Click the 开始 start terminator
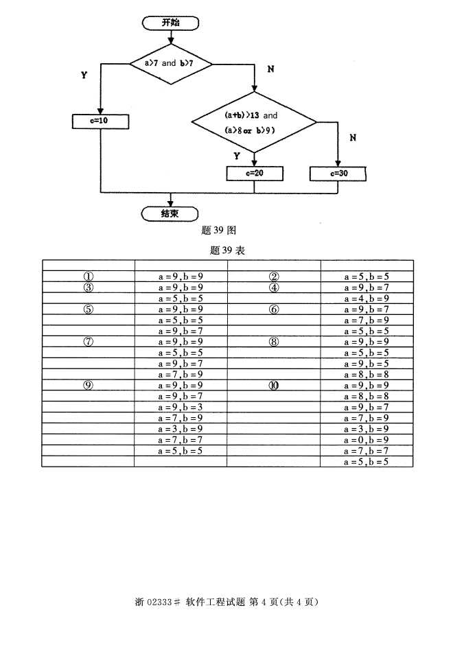click(x=170, y=23)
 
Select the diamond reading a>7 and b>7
click(x=170, y=63)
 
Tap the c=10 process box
click(x=100, y=121)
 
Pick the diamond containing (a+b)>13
click(x=253, y=122)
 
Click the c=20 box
click(x=254, y=173)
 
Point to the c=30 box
click(x=338, y=174)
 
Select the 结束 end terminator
click(x=170, y=213)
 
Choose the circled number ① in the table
click(x=88, y=277)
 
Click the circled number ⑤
click(x=88, y=309)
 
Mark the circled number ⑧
click(x=273, y=342)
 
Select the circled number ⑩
click(x=273, y=386)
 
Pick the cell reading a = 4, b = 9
click(x=366, y=298)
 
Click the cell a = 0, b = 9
click(x=366, y=440)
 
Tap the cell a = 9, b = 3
click(x=180, y=407)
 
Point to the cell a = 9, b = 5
click(x=366, y=364)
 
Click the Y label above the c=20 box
click(x=237, y=156)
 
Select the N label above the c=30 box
click(x=353, y=137)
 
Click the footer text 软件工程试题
click(x=215, y=602)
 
